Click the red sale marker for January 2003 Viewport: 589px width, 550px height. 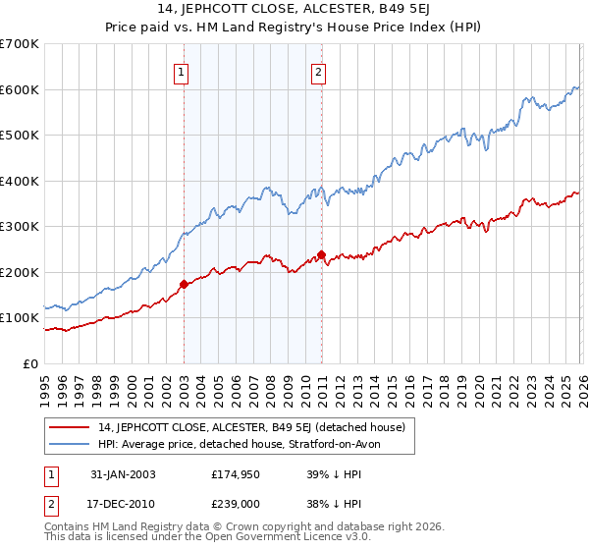tap(184, 284)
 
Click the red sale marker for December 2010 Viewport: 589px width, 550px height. tap(321, 254)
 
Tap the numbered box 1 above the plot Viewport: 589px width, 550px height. tap(184, 70)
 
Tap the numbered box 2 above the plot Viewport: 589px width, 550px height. tap(321, 70)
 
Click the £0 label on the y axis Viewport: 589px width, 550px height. tap(29, 363)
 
